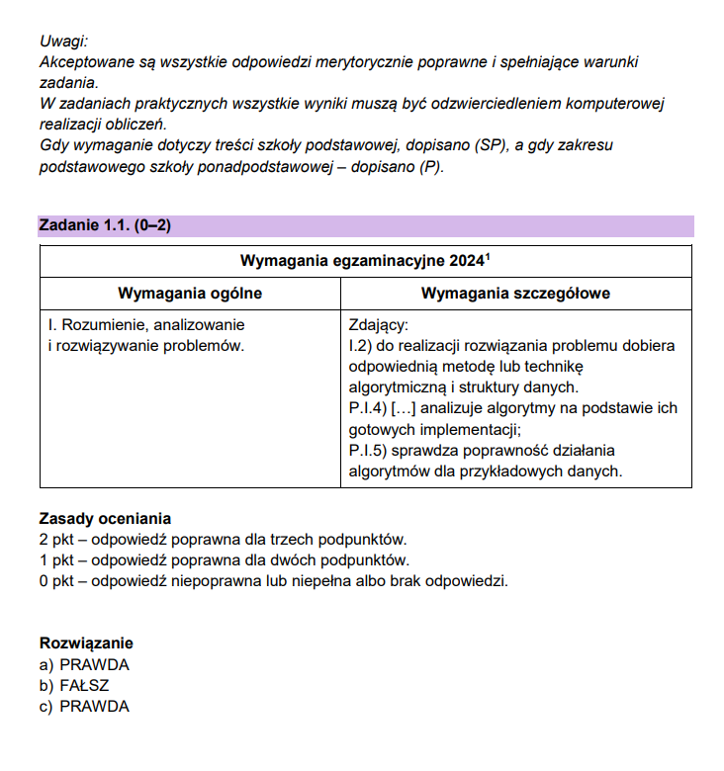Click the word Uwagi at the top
63,41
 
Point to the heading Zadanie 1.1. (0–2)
105,225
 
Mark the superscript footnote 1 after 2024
489,257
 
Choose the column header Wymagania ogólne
190,294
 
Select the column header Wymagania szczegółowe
515,294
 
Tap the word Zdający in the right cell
378,324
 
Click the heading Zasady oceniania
105,518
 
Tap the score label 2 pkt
60,539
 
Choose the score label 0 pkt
60,580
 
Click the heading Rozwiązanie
86,642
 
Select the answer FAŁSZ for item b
84,685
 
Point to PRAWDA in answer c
94,706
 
